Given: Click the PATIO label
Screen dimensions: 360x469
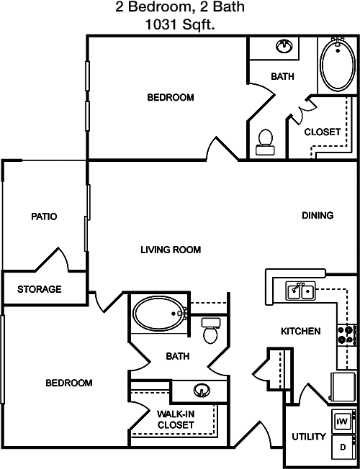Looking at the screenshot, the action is (44, 217).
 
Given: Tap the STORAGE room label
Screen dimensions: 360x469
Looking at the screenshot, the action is (39, 289).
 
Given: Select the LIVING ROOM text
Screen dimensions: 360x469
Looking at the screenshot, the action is (171, 250).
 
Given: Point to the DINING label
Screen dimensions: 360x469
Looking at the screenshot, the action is (318, 215).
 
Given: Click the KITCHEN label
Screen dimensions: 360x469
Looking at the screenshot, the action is (301, 331).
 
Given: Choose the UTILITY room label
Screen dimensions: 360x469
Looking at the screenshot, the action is (309, 437).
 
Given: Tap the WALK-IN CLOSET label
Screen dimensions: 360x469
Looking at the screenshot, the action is (176, 419).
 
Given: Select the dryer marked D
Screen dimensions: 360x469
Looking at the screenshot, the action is (343, 447).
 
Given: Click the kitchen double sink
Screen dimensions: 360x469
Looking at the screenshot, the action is (300, 291).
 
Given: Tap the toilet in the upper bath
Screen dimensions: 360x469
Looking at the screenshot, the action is (266, 142).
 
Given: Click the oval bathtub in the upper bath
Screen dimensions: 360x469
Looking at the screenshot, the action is (338, 65).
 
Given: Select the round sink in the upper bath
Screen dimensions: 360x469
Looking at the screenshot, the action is (284, 46).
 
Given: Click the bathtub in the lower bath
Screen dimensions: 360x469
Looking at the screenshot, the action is (160, 314).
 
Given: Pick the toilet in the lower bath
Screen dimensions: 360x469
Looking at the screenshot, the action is (211, 330).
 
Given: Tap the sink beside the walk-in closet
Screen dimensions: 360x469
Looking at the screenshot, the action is (202, 390).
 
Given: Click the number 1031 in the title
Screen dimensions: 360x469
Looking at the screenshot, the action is (161, 24).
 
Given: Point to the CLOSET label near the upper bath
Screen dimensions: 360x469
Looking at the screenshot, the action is (323, 132).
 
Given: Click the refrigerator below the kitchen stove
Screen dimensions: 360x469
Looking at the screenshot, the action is (342, 386).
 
